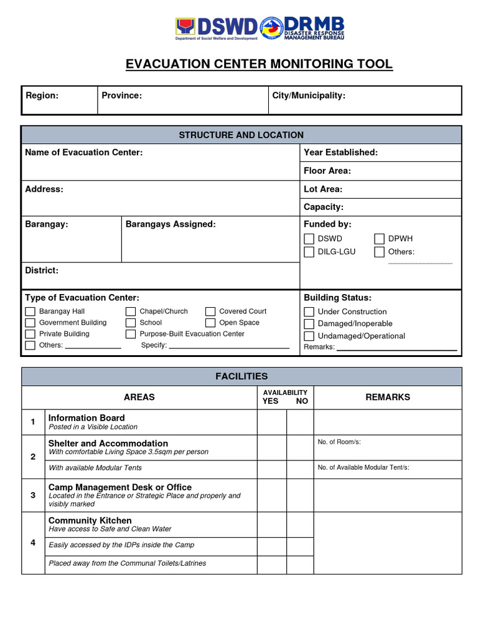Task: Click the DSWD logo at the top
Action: pos(217,27)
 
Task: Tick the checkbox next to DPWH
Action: pos(379,239)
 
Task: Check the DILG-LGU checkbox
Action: pos(309,252)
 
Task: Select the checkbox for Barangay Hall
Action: pos(30,312)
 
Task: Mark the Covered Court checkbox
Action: pos(210,312)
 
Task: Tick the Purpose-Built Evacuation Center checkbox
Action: pos(131,334)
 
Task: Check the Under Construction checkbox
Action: pos(309,312)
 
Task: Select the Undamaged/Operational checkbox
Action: pos(309,336)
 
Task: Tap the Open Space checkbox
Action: pos(210,323)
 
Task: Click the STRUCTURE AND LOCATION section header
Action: pos(241,135)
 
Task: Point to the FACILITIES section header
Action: pos(241,376)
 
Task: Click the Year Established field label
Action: pos(340,153)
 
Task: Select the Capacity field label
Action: pos(323,207)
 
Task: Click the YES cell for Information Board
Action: pos(271,422)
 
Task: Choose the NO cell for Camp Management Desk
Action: pos(300,495)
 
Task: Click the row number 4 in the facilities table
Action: pos(34,542)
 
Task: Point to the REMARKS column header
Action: pos(387,397)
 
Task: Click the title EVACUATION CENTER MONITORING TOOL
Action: pos(259,64)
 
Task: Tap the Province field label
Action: pos(122,95)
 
